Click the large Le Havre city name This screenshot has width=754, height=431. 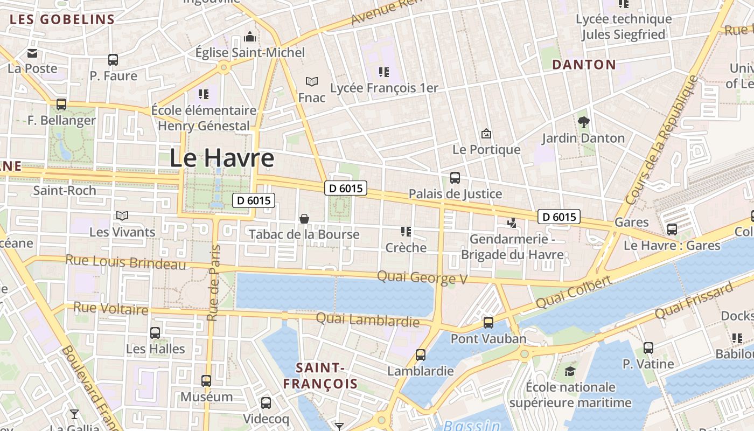(222, 158)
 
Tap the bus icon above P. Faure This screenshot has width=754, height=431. (113, 60)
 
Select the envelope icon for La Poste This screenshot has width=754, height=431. (32, 53)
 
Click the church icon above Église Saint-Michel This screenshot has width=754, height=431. (250, 37)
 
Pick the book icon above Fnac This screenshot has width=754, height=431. (312, 81)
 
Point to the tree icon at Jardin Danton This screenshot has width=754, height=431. (583, 122)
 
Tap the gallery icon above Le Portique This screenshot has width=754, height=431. (486, 133)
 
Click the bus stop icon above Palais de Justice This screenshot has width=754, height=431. (455, 178)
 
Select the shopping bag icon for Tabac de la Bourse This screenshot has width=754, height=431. (304, 218)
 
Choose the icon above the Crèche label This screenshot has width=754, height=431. (406, 232)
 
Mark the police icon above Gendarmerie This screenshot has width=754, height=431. (512, 223)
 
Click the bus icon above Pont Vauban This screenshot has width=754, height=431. (488, 323)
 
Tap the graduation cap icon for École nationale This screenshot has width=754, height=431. (570, 371)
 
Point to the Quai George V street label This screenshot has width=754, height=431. (422, 277)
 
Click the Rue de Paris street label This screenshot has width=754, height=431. (214, 283)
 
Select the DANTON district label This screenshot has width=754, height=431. (584, 65)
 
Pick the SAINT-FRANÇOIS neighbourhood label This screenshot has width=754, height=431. (320, 376)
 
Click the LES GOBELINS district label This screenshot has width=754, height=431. (62, 20)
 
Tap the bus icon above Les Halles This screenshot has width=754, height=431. (155, 333)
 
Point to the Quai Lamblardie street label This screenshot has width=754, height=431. (367, 320)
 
